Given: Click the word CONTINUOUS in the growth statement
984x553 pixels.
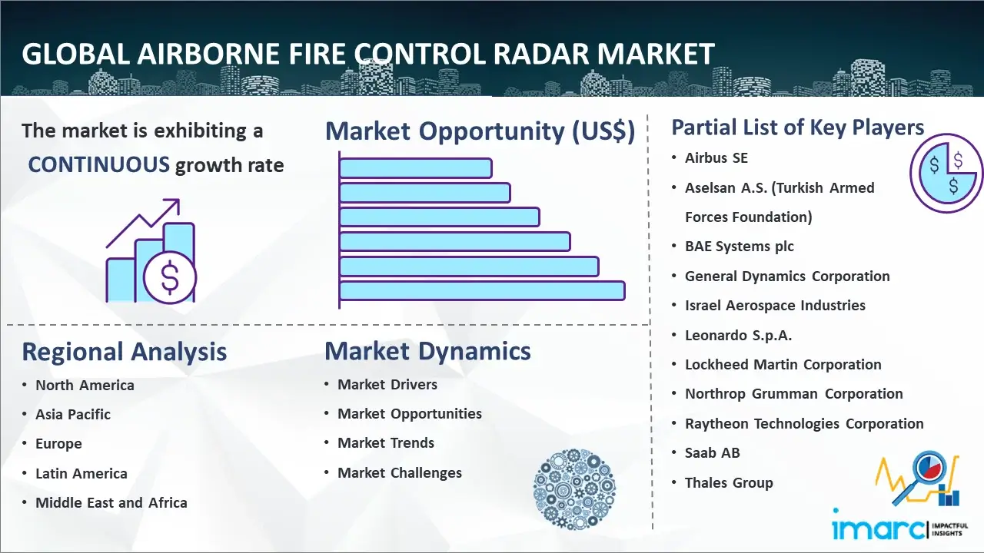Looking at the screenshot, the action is click(99, 165).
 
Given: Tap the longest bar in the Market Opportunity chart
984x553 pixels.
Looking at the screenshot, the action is click(482, 291).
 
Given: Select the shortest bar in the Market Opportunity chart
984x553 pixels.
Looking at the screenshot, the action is click(416, 168).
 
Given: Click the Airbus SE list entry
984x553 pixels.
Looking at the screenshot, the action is click(716, 158).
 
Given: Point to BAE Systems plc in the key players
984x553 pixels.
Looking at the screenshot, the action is click(740, 247).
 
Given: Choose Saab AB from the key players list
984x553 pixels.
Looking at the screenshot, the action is click(712, 452).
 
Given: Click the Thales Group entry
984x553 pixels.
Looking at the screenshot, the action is click(729, 483).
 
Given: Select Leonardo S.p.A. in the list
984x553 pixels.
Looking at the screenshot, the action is click(738, 336).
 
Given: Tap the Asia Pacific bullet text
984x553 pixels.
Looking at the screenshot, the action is click(73, 414).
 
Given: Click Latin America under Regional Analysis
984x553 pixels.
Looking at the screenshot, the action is click(81, 474).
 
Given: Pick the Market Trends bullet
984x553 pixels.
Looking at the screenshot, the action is click(386, 443).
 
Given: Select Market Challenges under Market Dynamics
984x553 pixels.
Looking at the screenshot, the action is click(399, 472).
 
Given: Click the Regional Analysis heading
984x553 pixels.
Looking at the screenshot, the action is click(125, 352).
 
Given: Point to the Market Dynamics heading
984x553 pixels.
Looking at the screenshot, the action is click(427, 351).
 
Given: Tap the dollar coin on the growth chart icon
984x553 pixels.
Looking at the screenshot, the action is click(170, 278).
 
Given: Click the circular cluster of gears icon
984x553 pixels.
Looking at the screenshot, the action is click(574, 489).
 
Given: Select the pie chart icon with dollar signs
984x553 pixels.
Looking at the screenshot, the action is click(946, 174).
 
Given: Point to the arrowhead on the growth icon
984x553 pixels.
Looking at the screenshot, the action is click(174, 204).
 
